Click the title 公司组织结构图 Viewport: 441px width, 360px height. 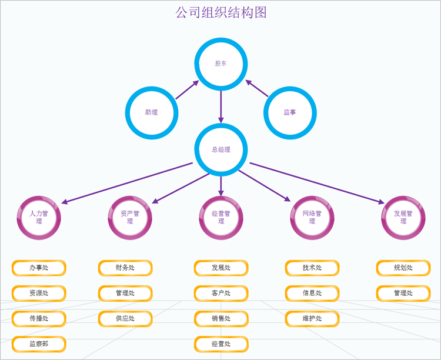pyautogui.click(x=220, y=13)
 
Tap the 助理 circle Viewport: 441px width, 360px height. pyautogui.click(x=152, y=88)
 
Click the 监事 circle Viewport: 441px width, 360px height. pyautogui.click(x=290, y=88)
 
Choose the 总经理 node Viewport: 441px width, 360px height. pyautogui.click(x=221, y=125)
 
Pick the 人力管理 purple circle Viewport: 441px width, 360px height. pyautogui.click(x=39, y=198)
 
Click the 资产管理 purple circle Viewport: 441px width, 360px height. pyautogui.click(x=130, y=198)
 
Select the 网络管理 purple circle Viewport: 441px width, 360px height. pyautogui.click(x=312, y=198)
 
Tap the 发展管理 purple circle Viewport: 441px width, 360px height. pyautogui.click(x=403, y=198)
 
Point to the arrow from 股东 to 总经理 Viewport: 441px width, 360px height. pyautogui.click(x=221, y=107)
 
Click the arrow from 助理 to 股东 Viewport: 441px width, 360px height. pyautogui.click(x=188, y=90)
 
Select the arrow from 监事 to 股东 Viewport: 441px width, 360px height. pyautogui.click(x=257, y=88)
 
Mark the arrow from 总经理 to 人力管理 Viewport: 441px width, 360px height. pyautogui.click(x=127, y=183)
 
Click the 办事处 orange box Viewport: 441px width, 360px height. pyautogui.click(x=39, y=268)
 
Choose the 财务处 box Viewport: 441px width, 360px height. pyautogui.click(x=125, y=268)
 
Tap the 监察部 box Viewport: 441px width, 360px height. pyautogui.click(x=39, y=344)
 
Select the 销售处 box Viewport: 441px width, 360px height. pyautogui.click(x=221, y=319)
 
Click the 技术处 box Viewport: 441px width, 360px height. pyautogui.click(x=312, y=268)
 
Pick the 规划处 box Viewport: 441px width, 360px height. pyautogui.click(x=403, y=268)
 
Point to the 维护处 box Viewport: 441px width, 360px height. pyautogui.click(x=312, y=319)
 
